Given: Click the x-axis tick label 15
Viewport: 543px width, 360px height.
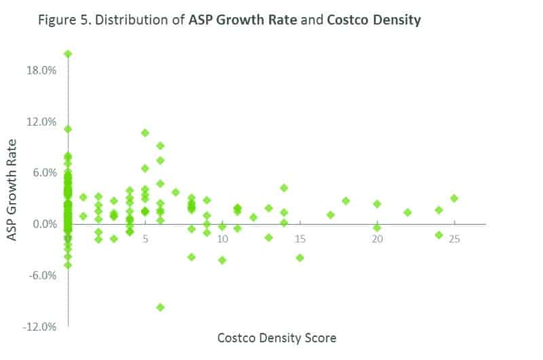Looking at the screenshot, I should coord(300,240).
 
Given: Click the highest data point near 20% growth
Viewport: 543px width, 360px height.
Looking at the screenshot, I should coord(68,54).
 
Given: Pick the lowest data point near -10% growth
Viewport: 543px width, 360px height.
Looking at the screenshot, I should coord(160,307).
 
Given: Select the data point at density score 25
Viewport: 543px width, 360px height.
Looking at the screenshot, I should coord(454,198).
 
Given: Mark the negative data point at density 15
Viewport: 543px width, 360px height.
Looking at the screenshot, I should coord(300,257).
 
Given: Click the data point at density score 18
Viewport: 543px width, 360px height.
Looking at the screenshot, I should coord(345,200).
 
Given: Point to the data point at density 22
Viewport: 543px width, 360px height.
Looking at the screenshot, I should coord(408,212).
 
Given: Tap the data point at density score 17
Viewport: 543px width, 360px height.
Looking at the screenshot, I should coord(331,215).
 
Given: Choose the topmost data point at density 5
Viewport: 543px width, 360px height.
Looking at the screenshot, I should coord(145,132).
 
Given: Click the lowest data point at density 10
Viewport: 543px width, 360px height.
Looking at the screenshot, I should coord(222,260).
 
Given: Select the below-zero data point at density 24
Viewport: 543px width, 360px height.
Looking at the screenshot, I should coord(439,235).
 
